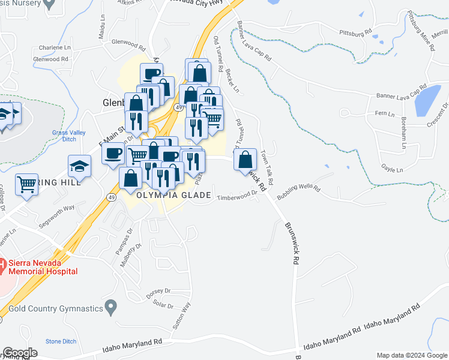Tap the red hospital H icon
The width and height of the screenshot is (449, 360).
(x=2, y=263)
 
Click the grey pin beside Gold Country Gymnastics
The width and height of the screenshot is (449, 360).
(x=110, y=308)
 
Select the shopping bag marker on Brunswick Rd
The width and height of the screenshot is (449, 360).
(x=245, y=161)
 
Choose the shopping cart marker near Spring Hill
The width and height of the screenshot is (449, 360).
(x=27, y=184)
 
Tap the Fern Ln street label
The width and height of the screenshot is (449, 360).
(x=384, y=113)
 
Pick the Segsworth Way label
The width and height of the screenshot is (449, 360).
(x=56, y=208)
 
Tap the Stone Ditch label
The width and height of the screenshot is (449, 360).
(x=61, y=341)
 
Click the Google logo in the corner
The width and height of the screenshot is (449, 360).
(x=20, y=352)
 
